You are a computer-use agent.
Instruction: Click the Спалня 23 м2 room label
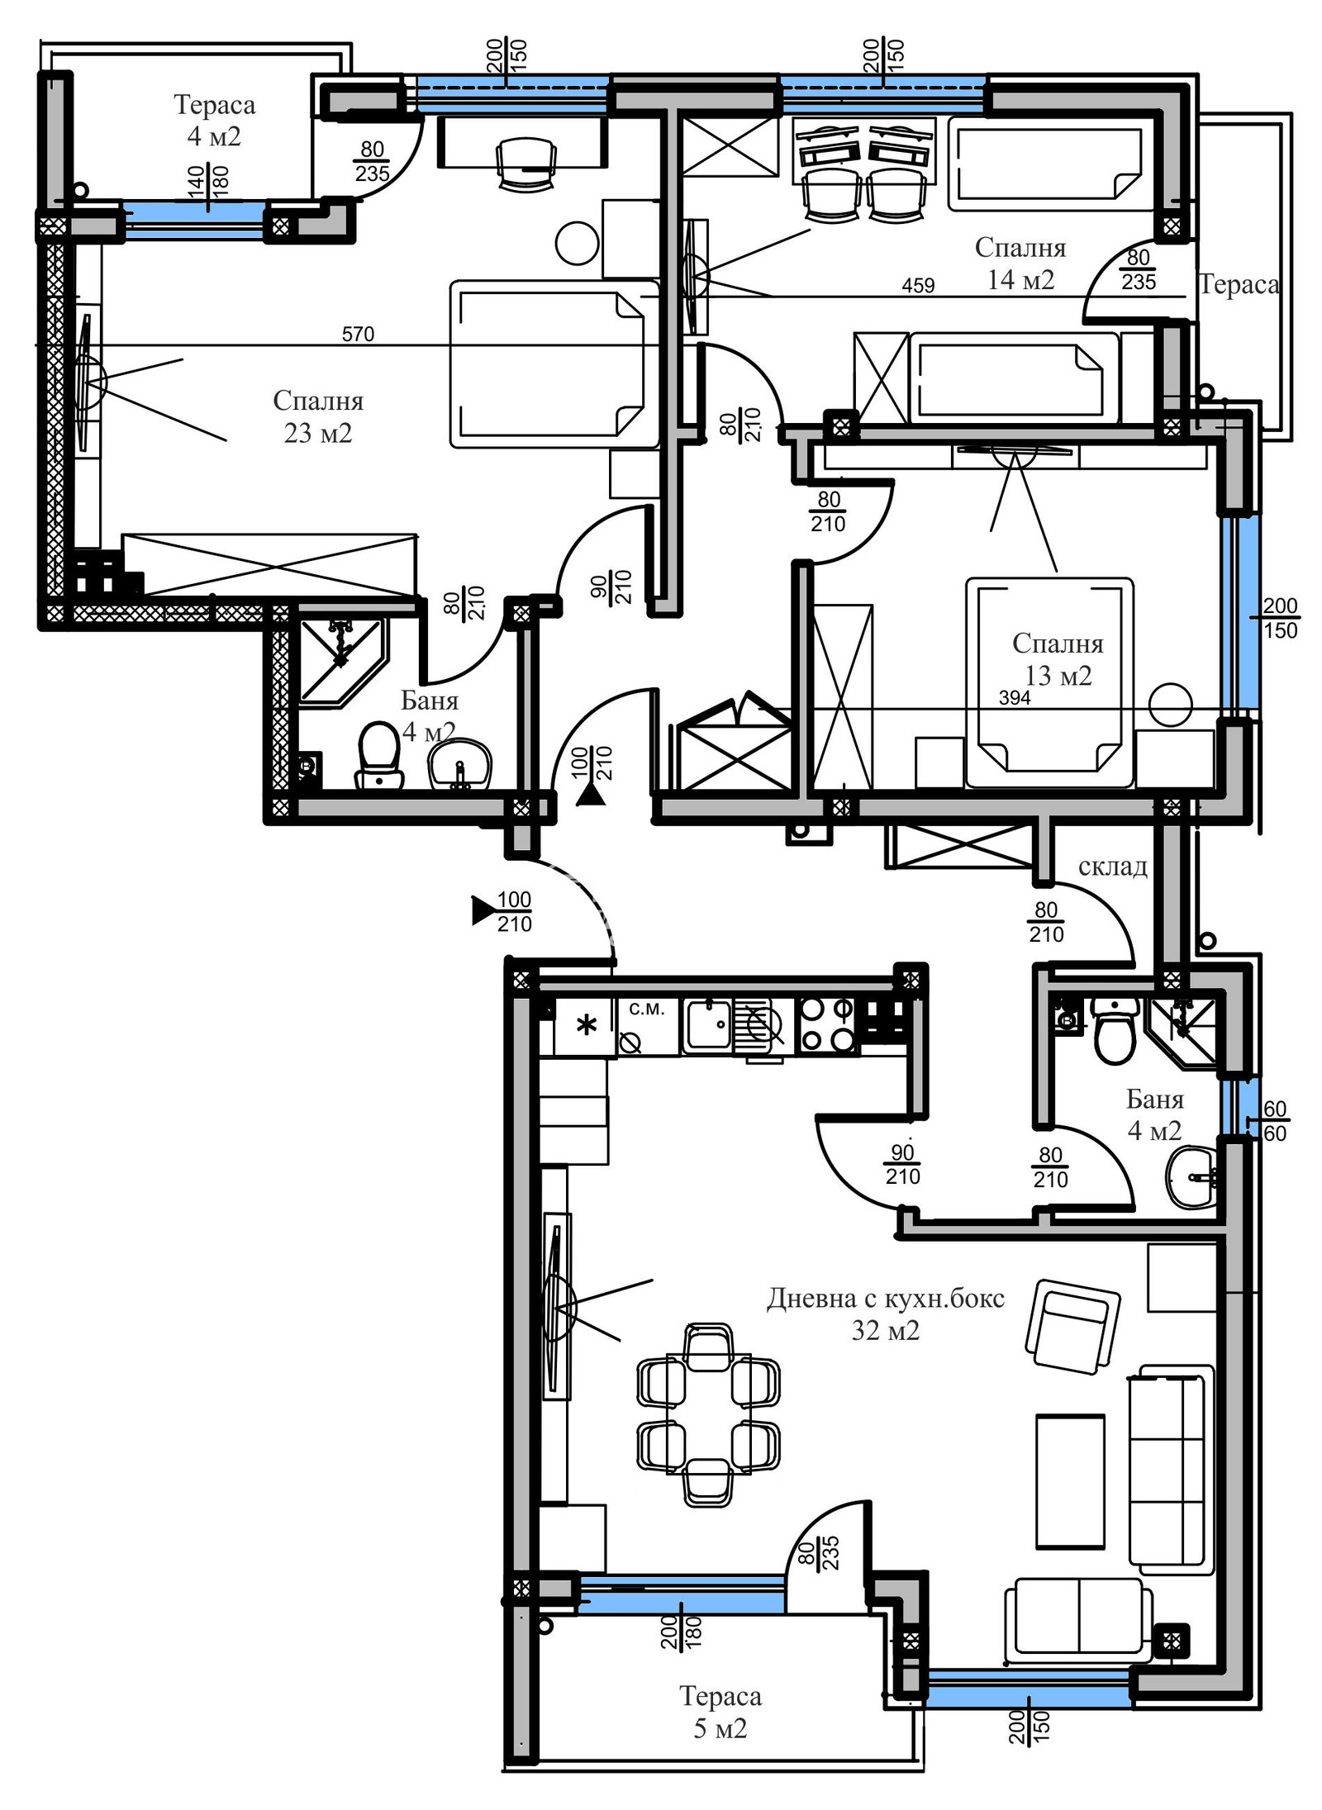click(x=318, y=416)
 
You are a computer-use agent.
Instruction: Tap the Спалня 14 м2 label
click(x=1020, y=263)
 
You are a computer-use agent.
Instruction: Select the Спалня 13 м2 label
click(x=1058, y=659)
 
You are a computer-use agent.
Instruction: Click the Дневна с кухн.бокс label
click(x=885, y=1299)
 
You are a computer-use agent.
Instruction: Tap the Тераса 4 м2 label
click(x=215, y=120)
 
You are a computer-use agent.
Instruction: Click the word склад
click(x=1112, y=867)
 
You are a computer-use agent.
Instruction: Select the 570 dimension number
click(x=358, y=334)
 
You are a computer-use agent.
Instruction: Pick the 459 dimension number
click(x=918, y=285)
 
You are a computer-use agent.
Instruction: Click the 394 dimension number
click(x=1015, y=697)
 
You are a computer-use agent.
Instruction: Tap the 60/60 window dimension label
click(x=1275, y=1121)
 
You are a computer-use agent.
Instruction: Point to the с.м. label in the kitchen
click(x=647, y=1008)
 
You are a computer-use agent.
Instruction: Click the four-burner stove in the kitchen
click(x=827, y=1024)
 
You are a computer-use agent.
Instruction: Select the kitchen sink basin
click(x=708, y=1024)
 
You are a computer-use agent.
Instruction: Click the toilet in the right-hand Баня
click(x=1115, y=1030)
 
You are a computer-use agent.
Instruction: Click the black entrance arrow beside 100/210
click(x=482, y=910)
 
